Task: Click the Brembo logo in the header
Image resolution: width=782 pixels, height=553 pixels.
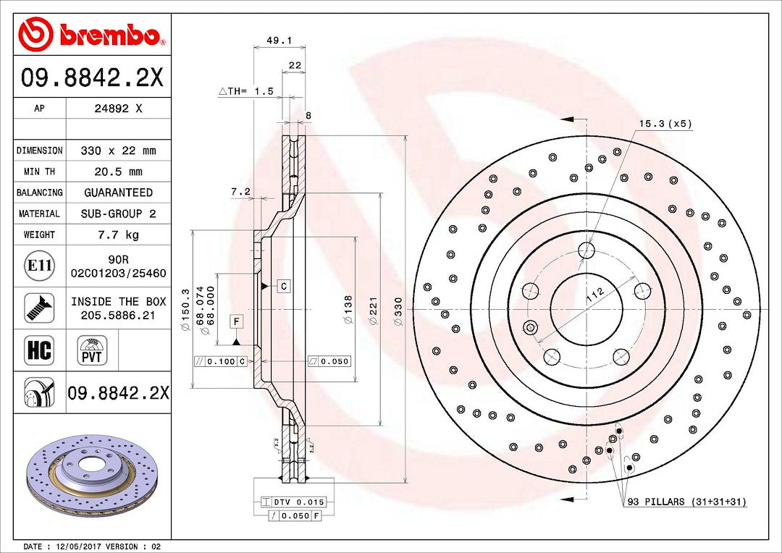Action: pos(91,34)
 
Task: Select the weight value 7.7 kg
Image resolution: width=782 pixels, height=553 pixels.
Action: pos(119,235)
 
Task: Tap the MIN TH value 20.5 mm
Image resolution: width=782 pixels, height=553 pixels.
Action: pos(119,172)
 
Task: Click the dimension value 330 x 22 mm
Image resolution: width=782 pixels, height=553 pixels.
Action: pos(119,151)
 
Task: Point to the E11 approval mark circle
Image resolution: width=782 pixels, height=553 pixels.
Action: pos(39,266)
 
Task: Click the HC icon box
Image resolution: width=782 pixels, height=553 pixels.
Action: pos(39,350)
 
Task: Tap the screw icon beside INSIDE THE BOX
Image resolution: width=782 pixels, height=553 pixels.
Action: pos(39,308)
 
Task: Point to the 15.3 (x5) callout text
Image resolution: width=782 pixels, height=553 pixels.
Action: pos(665,124)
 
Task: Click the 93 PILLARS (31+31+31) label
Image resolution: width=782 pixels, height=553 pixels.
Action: pos(686,502)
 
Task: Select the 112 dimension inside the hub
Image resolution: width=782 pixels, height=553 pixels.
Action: pos(594,293)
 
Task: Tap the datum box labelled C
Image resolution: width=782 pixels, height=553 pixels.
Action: pos(284,286)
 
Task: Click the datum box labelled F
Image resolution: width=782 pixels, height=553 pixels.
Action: pos(237,320)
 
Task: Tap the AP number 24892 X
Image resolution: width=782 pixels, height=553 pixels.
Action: pos(119,109)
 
